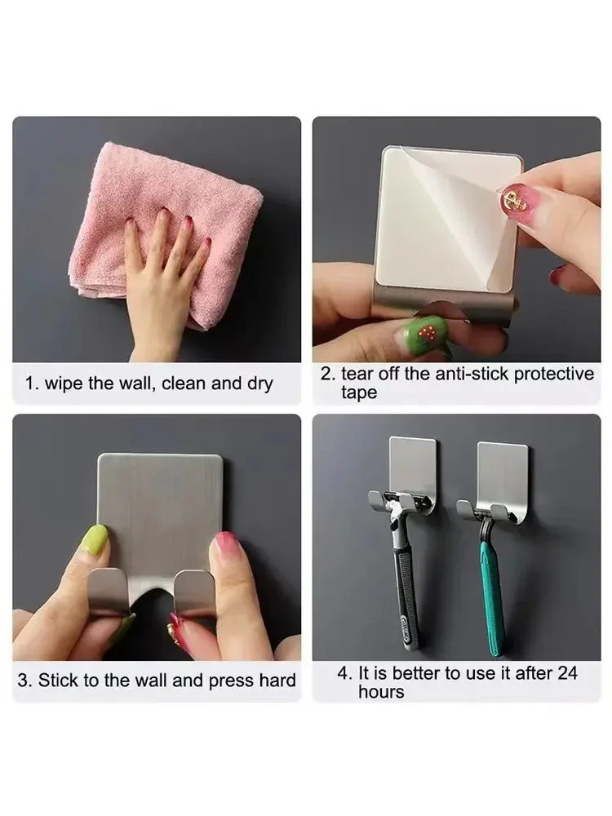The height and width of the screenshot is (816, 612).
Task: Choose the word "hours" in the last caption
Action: point(381,692)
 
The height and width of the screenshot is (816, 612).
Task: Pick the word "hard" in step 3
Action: point(277,680)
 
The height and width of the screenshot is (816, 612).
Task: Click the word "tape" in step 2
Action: point(359,392)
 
